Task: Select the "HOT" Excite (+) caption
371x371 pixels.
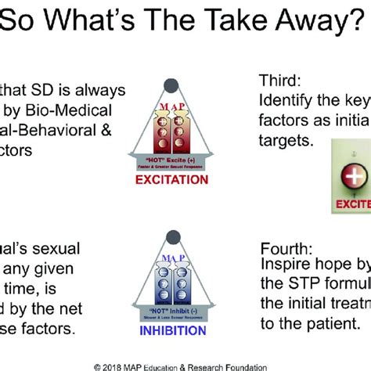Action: tap(171, 159)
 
